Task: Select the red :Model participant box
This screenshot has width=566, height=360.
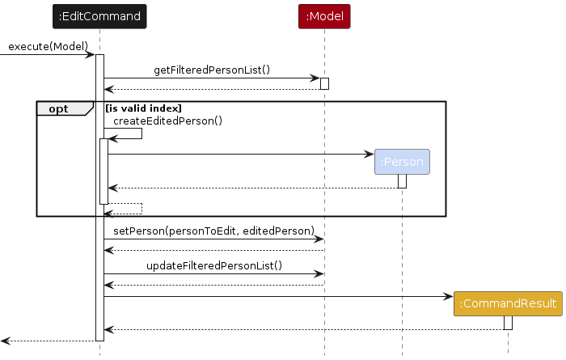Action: [323, 15]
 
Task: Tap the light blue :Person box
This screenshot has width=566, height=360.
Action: [402, 162]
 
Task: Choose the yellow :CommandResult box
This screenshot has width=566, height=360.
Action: [508, 303]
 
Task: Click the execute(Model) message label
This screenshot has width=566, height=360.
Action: [48, 46]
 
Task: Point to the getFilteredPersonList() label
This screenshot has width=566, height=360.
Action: [212, 71]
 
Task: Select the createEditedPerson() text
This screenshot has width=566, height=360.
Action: [167, 121]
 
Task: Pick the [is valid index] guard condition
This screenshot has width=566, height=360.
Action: [142, 108]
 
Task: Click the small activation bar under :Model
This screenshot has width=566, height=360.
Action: [324, 83]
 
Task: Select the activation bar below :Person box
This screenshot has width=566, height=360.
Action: [402, 181]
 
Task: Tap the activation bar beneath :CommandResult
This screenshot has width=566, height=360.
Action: [508, 322]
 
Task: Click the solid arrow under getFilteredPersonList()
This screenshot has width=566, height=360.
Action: [212, 79]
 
